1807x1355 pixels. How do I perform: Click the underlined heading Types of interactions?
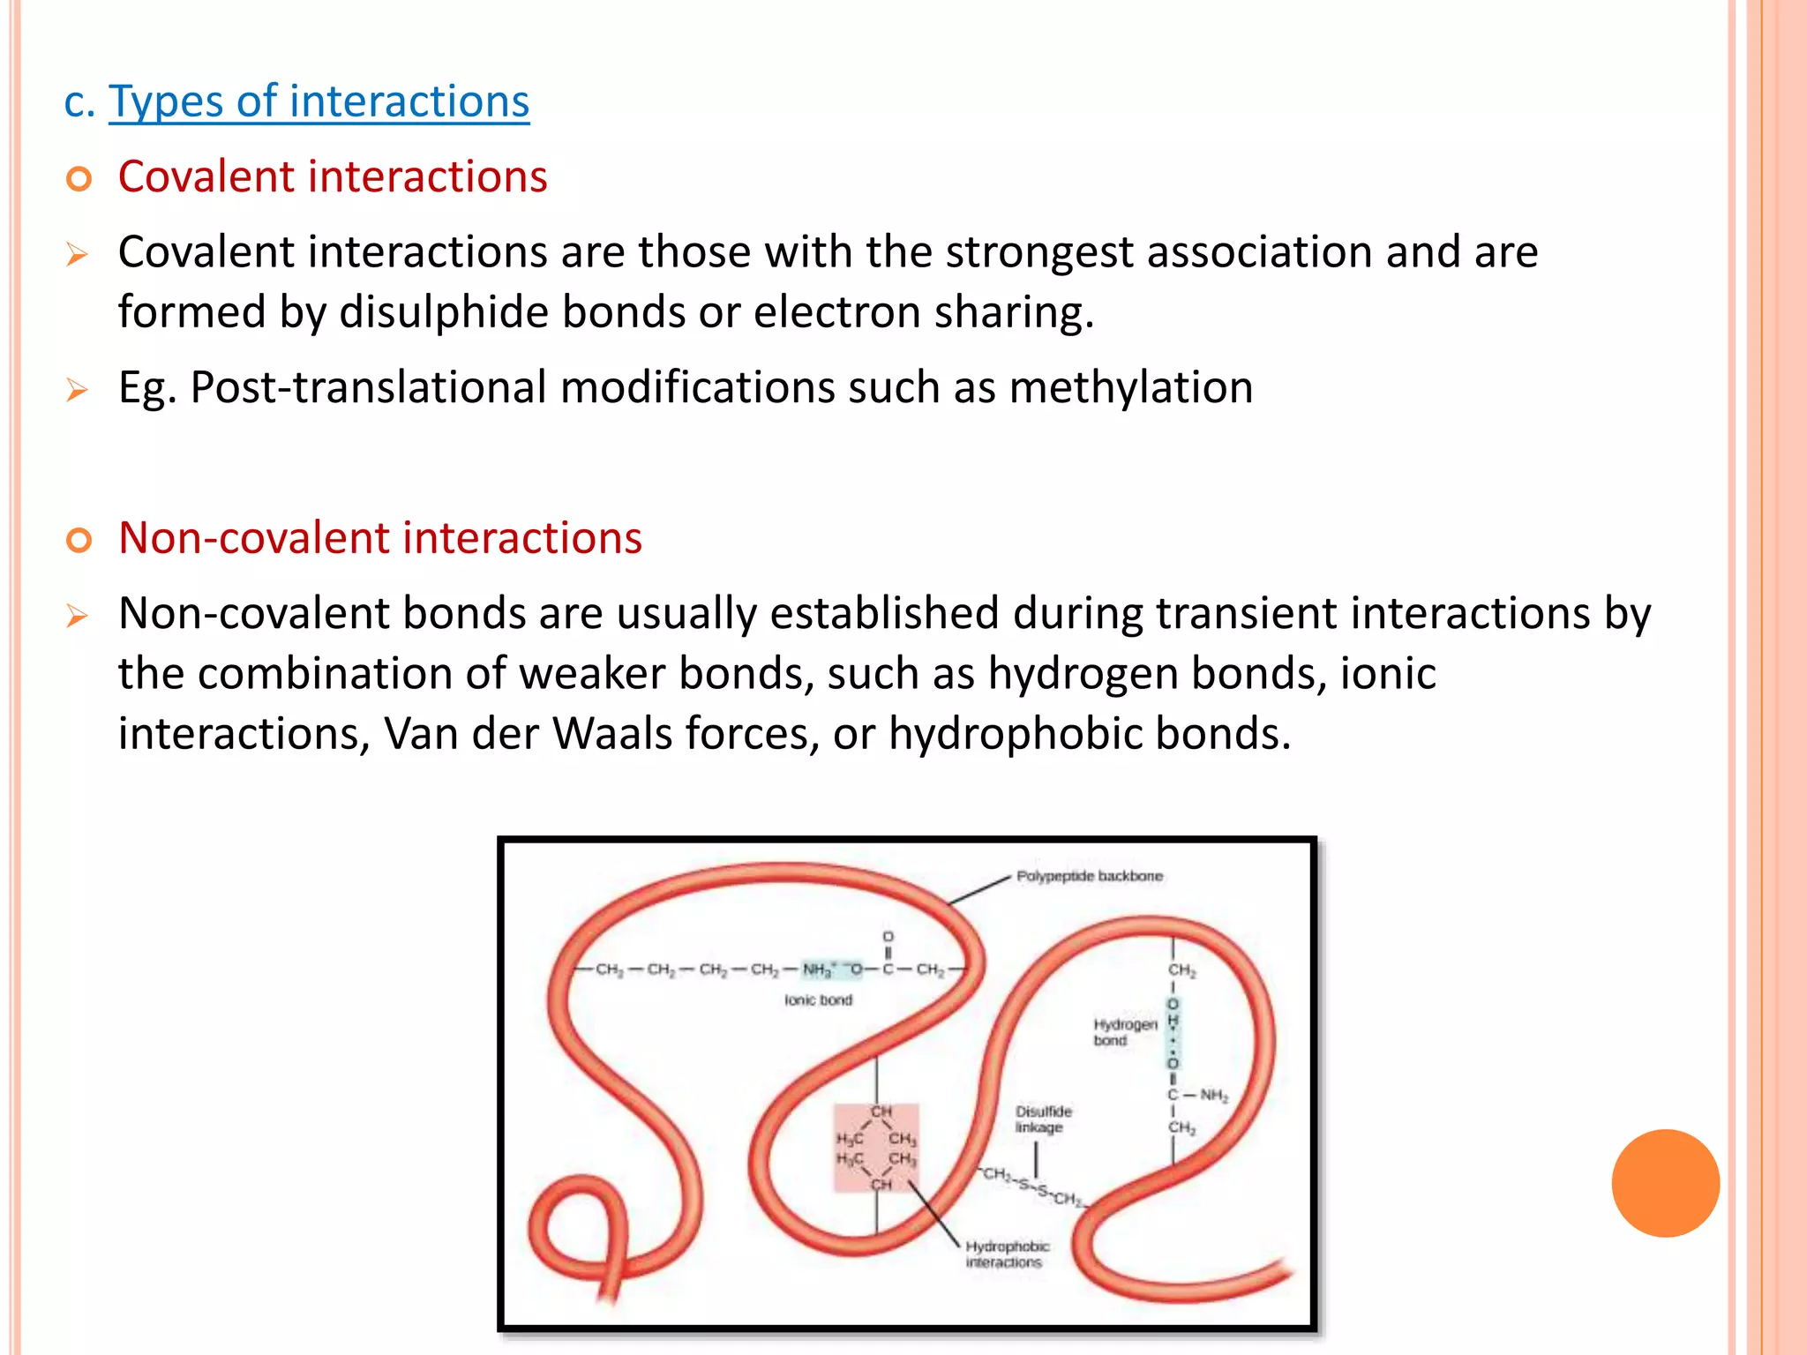click(x=319, y=101)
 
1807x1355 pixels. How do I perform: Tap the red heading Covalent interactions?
click(x=333, y=176)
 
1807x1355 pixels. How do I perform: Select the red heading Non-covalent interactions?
click(x=380, y=538)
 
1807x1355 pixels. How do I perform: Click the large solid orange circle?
click(x=1665, y=1183)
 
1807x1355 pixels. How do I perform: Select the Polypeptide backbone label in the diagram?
click(x=1089, y=876)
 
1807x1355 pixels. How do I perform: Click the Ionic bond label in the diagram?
click(x=818, y=1000)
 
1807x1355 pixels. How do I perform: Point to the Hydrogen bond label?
click(x=1124, y=1032)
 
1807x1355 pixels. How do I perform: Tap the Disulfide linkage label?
click(x=1043, y=1119)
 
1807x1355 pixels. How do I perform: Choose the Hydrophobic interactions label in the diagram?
click(x=1007, y=1254)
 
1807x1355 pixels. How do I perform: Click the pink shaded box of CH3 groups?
click(x=876, y=1147)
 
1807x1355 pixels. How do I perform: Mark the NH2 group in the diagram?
click(x=1214, y=1096)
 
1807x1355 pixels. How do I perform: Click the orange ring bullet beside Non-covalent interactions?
click(x=79, y=540)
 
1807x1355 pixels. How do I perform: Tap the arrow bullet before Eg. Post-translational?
click(x=78, y=389)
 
